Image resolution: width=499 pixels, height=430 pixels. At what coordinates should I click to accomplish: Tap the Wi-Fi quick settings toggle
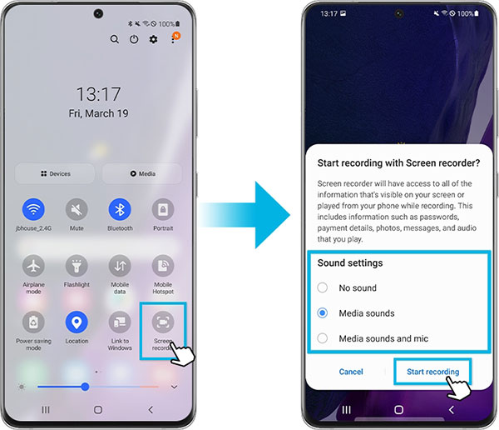[34, 209]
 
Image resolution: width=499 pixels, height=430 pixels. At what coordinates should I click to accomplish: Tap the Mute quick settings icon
[77, 209]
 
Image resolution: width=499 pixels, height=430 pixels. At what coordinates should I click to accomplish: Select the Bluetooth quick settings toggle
[120, 209]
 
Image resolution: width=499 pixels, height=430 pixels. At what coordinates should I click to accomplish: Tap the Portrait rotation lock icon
[163, 209]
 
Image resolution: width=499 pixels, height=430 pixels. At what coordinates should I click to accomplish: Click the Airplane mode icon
[34, 266]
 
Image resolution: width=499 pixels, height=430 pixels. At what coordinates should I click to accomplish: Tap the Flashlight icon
[77, 266]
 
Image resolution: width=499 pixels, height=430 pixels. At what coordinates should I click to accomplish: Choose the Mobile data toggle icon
[120, 266]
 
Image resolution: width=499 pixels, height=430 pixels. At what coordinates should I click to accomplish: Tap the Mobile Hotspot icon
[163, 266]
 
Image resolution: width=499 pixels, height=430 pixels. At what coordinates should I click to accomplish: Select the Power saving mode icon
[34, 322]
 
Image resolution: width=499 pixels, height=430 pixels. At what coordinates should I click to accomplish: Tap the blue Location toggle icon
[77, 322]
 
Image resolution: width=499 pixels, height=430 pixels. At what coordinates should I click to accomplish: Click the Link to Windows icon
[120, 322]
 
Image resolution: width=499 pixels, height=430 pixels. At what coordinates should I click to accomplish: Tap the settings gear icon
[153, 39]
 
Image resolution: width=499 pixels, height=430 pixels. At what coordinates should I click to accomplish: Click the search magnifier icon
[115, 39]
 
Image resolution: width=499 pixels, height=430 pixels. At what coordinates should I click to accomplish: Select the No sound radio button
[324, 287]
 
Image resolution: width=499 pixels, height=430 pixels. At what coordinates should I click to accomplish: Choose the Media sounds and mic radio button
[324, 339]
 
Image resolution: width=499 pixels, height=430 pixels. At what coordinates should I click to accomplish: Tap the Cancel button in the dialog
[351, 372]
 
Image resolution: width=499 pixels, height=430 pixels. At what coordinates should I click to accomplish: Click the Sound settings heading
[350, 262]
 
